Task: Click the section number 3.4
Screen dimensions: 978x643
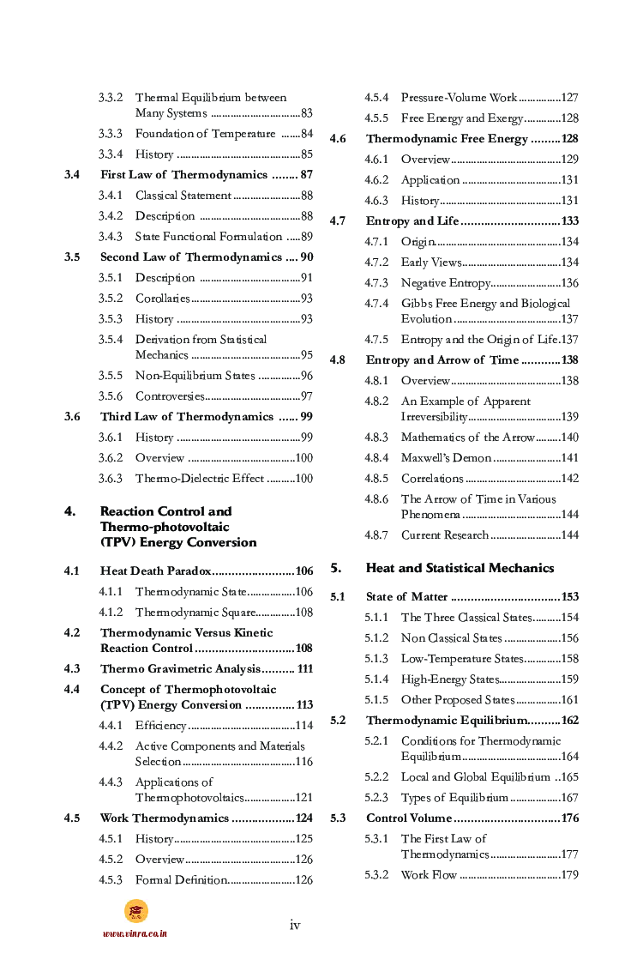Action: [x=72, y=175]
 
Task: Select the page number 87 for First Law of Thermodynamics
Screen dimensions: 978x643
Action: [x=306, y=175]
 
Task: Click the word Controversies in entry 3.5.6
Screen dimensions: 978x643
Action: [x=170, y=396]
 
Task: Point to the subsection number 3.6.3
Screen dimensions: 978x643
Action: [x=110, y=479]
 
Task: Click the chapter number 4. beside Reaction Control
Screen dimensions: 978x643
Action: [x=70, y=511]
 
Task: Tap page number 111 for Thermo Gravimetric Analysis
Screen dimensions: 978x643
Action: [x=304, y=669]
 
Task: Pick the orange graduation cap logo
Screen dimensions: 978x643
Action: [x=135, y=911]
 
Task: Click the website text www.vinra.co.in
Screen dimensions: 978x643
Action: [x=135, y=933]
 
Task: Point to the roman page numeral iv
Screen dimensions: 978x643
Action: [x=295, y=925]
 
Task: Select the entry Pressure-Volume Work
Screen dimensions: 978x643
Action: [x=459, y=98]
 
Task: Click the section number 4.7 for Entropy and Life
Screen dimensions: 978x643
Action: [x=338, y=221]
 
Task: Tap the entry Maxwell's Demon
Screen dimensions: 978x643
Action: [x=446, y=458]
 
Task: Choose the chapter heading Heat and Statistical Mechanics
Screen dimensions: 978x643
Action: [x=460, y=568]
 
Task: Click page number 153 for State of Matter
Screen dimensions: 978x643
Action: [x=569, y=597]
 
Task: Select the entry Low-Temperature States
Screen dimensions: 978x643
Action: [x=462, y=659]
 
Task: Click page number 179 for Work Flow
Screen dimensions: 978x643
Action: [x=569, y=875]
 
